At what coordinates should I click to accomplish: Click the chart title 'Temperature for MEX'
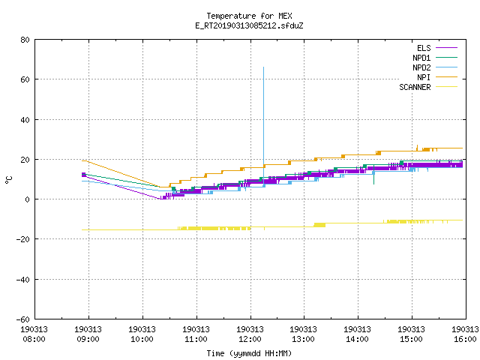[249, 16]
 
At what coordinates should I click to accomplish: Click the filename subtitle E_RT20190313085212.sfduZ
[249, 25]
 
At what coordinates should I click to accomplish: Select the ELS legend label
[424, 48]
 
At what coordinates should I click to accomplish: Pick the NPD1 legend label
[421, 58]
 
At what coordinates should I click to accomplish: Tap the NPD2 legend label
[421, 67]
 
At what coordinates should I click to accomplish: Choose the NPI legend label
[424, 77]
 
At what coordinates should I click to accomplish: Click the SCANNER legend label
[415, 87]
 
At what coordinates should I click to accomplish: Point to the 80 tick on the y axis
[25, 40]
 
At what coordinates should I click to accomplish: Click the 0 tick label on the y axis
[28, 199]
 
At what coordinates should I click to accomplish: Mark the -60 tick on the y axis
[23, 319]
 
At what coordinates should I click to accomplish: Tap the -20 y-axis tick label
[23, 239]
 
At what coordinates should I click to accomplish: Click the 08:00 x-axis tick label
[34, 339]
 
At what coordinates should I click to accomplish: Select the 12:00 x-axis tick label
[250, 339]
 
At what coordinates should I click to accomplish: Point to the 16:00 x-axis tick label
[465, 339]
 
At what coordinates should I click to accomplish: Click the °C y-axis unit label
[8, 180]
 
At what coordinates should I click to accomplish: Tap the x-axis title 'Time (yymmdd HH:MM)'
[249, 353]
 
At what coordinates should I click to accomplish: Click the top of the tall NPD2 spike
[263, 67]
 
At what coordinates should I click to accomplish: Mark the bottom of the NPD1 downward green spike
[373, 184]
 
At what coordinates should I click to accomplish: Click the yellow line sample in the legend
[447, 87]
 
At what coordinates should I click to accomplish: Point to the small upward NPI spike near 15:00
[417, 145]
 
